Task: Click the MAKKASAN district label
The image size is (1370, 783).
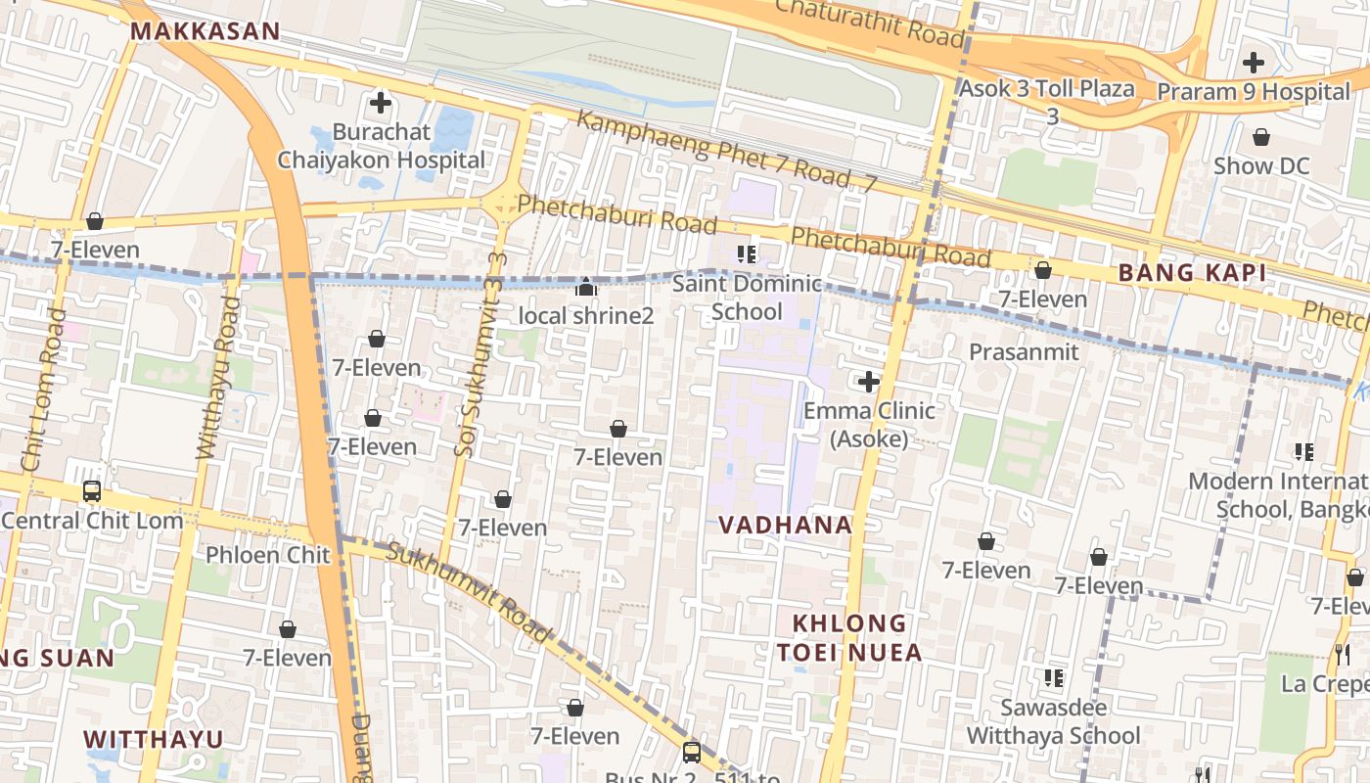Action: [205, 31]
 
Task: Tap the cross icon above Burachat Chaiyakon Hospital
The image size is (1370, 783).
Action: [381, 102]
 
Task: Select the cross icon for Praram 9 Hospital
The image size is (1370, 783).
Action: [1253, 63]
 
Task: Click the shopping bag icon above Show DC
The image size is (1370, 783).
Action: [1261, 137]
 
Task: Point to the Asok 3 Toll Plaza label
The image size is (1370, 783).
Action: [1047, 89]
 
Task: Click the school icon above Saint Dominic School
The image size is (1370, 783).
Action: [748, 254]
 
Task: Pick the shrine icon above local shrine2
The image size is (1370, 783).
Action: [585, 287]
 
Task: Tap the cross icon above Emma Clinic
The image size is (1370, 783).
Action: [868, 381]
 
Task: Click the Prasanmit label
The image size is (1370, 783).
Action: [1024, 351]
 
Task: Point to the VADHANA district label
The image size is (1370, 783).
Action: [786, 525]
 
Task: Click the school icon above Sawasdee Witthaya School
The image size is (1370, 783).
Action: [1054, 677]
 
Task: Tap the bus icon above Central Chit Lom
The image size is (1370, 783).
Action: [92, 490]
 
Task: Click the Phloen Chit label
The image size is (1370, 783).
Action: [268, 555]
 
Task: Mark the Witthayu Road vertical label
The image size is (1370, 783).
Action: [219, 378]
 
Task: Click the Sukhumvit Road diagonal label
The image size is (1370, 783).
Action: [470, 593]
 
